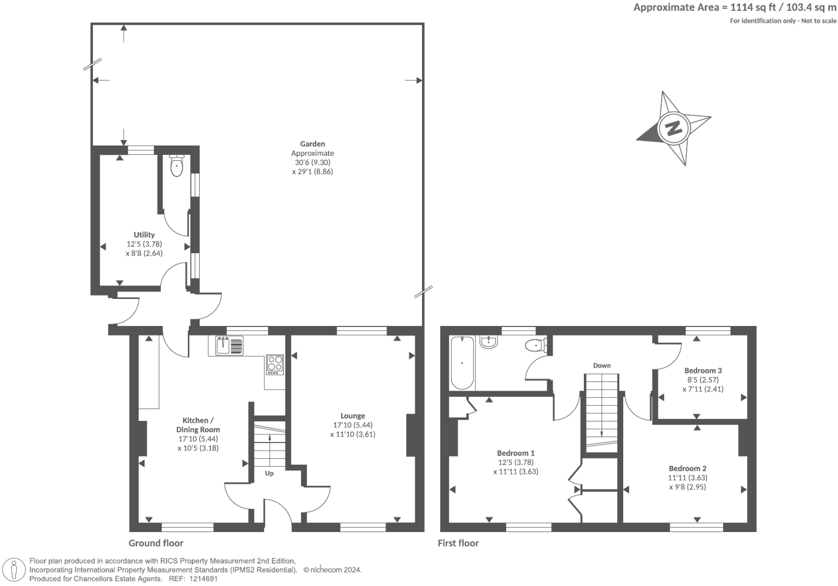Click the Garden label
pyautogui.click(x=312, y=144)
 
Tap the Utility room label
pyautogui.click(x=144, y=235)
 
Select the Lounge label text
pyautogui.click(x=352, y=415)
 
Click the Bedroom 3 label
pyautogui.click(x=703, y=371)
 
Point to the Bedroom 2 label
pyautogui.click(x=687, y=468)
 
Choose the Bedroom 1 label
pyautogui.click(x=515, y=453)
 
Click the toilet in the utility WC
pyautogui.click(x=176, y=165)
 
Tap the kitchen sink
pyautogui.click(x=229, y=345)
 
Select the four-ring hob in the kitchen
pyautogui.click(x=275, y=364)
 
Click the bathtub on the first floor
pyautogui.click(x=462, y=363)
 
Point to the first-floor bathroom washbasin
pyautogui.click(x=488, y=342)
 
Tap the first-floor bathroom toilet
pyautogui.click(x=536, y=345)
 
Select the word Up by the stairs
pyautogui.click(x=269, y=473)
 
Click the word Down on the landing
pyautogui.click(x=602, y=365)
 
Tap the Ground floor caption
pyautogui.click(x=156, y=543)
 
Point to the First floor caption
pyautogui.click(x=458, y=543)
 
